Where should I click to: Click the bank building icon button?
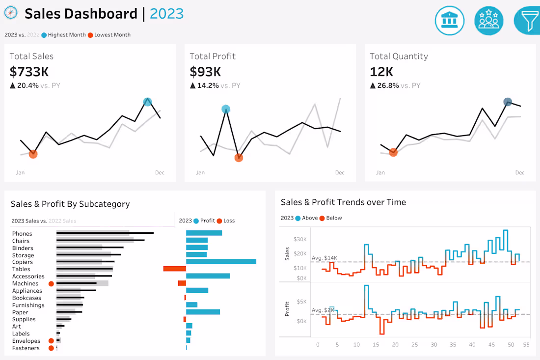(x=449, y=21)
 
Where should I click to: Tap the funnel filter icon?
(x=528, y=21)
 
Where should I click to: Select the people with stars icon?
(x=488, y=21)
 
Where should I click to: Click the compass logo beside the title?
(x=11, y=13)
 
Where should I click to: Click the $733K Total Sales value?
(x=29, y=72)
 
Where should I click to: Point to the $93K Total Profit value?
(x=205, y=72)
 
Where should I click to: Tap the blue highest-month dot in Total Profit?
(x=225, y=109)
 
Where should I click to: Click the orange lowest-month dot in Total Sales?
(x=33, y=154)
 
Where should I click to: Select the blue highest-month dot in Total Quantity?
(x=508, y=102)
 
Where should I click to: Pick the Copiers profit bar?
(x=221, y=262)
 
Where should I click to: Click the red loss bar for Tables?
(x=174, y=269)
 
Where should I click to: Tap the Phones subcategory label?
(x=22, y=234)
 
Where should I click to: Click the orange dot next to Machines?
(x=51, y=284)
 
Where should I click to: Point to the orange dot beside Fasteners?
(x=51, y=348)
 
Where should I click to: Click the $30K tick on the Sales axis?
(x=300, y=239)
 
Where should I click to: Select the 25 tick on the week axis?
(x=414, y=345)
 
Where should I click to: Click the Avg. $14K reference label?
(x=324, y=257)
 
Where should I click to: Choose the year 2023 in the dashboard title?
(x=166, y=14)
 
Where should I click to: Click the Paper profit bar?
(x=203, y=312)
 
